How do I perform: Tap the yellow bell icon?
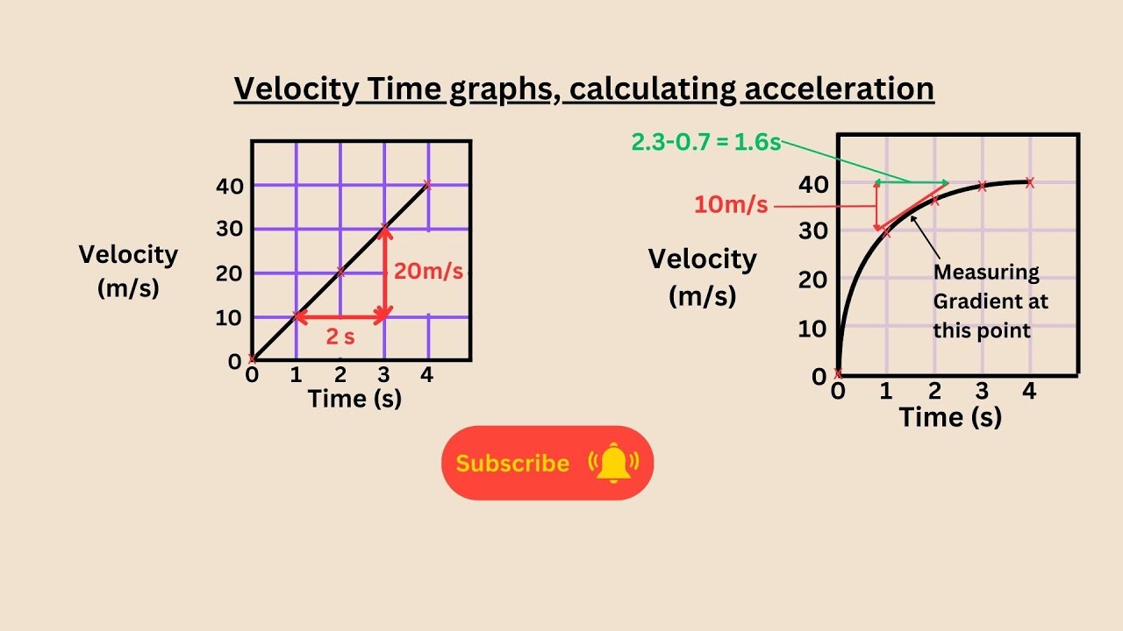614,462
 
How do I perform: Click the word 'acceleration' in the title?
838,89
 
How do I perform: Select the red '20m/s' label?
428,271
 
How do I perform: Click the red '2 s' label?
340,336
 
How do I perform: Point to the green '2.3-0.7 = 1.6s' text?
705,142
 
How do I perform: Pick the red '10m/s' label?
731,205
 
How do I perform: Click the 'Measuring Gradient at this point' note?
991,301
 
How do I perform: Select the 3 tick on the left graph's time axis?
384,375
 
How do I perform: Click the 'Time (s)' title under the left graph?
354,399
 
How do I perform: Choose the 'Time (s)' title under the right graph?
950,416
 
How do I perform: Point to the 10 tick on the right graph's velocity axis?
813,329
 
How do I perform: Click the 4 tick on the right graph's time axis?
1030,391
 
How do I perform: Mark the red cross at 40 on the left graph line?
427,185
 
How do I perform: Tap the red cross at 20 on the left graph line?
340,273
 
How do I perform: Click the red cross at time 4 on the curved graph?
1030,182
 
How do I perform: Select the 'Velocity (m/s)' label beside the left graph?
128,271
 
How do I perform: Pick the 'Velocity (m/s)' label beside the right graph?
702,277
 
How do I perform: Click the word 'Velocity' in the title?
295,89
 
